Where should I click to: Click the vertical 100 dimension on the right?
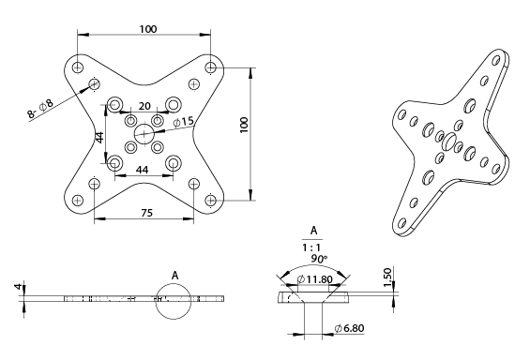243,126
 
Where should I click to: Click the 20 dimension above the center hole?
144,106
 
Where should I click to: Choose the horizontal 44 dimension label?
144,169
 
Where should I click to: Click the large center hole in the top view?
144,134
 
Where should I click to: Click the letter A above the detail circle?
175,276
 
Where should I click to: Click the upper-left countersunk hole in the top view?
115,105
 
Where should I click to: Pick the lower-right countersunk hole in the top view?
173,164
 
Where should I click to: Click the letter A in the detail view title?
313,229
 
